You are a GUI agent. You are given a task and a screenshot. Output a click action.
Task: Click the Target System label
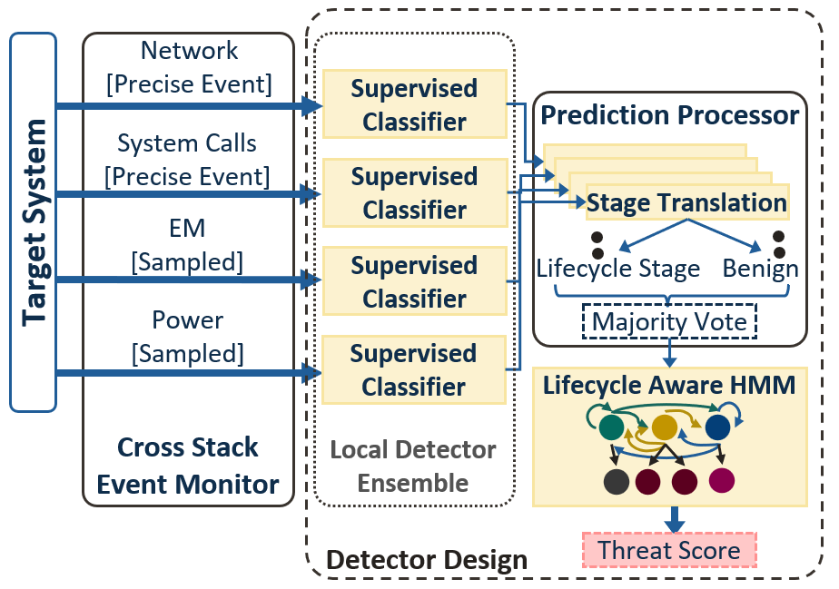[34, 222]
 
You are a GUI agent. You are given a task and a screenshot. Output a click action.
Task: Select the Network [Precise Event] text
[189, 67]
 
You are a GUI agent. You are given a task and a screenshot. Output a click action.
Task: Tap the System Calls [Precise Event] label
[187, 159]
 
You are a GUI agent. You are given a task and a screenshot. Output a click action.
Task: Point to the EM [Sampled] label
[187, 244]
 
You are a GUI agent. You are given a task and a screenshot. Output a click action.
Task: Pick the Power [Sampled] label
[187, 336]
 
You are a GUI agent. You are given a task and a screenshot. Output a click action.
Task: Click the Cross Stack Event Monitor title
[188, 466]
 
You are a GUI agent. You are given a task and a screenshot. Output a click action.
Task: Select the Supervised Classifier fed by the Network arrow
[414, 105]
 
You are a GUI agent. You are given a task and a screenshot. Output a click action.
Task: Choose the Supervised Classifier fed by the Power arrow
[414, 370]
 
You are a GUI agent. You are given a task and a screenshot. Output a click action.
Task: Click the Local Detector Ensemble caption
[413, 466]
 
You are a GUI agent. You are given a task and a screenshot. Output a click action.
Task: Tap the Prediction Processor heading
[669, 115]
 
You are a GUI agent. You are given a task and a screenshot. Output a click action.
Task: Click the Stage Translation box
[686, 202]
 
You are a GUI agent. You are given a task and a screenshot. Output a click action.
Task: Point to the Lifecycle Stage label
[618, 270]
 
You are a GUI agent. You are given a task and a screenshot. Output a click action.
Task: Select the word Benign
[760, 270]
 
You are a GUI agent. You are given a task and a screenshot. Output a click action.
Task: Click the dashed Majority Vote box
[669, 321]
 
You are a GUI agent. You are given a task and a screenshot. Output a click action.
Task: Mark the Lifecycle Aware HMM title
[669, 385]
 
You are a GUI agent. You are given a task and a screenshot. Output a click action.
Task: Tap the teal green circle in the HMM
[612, 427]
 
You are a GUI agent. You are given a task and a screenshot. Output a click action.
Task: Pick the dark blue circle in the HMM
[717, 427]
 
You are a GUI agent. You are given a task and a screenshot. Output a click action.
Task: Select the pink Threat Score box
[669, 550]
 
